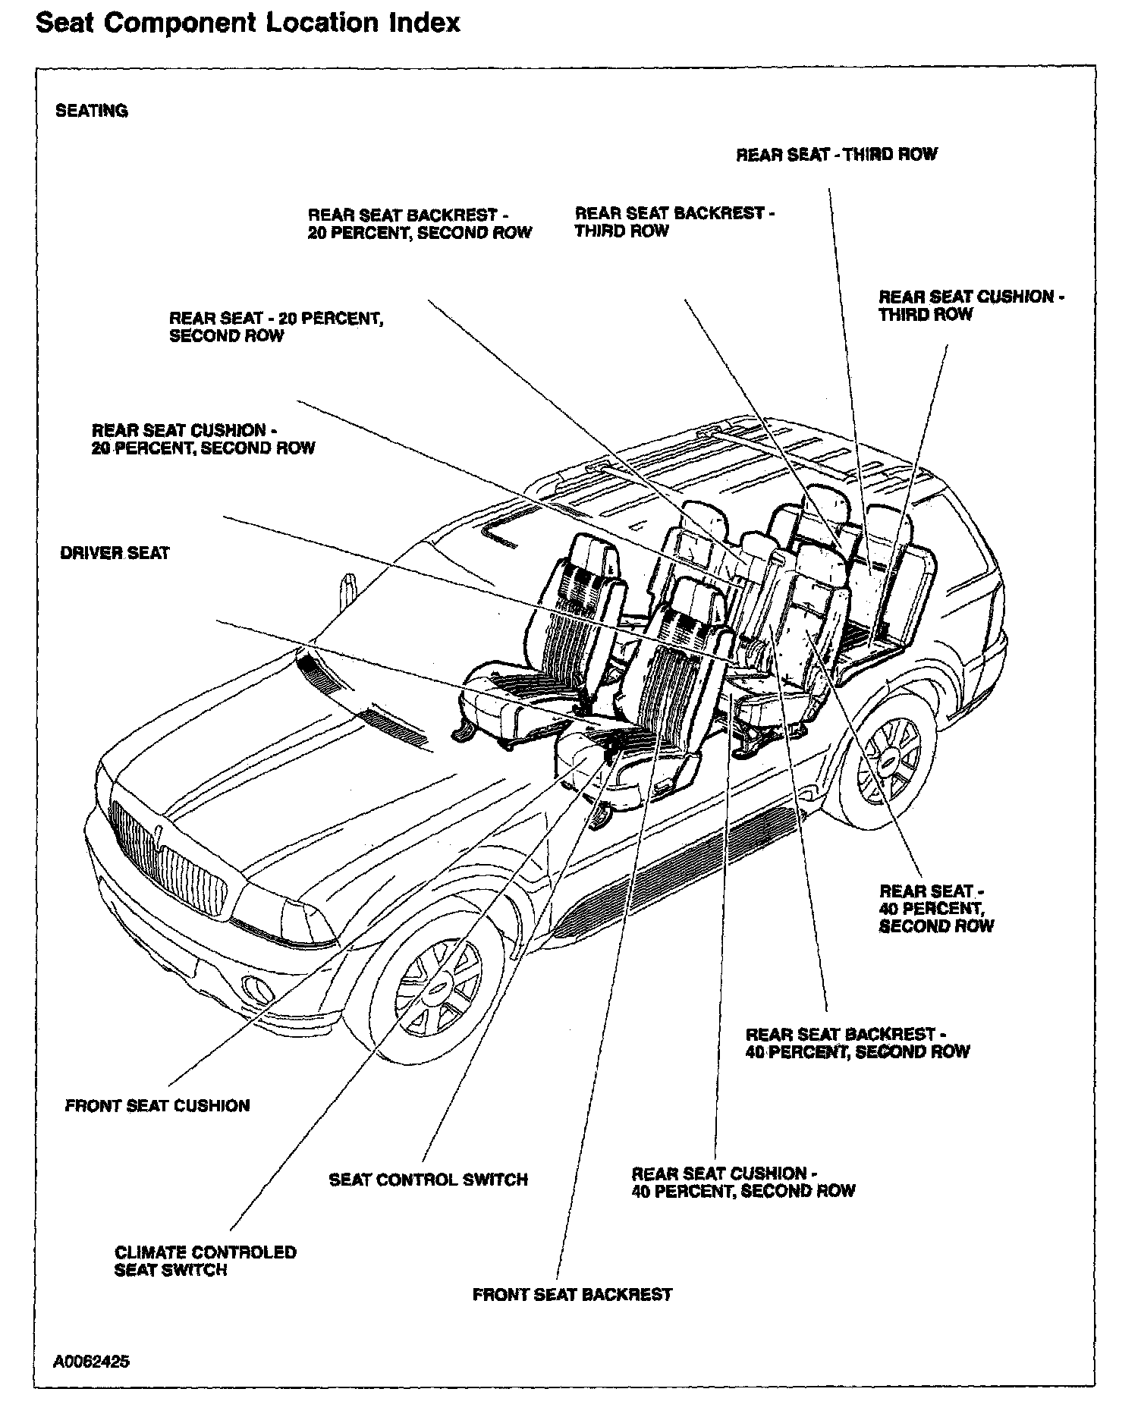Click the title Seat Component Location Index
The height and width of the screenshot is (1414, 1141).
pos(248,23)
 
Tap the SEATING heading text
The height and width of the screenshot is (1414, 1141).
pos(92,111)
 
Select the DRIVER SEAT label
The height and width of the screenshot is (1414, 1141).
pos(115,553)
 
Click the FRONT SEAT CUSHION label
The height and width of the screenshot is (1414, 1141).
pos(157,1105)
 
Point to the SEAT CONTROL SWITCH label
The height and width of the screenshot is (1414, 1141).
pos(428,1180)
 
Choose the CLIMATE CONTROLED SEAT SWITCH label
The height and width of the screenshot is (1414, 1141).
pos(205,1261)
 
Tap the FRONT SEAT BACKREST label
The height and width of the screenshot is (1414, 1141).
pos(572,1294)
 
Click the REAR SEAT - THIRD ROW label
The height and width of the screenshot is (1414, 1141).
pos(837,154)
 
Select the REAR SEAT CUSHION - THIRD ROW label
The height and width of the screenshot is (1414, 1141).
pos(971,305)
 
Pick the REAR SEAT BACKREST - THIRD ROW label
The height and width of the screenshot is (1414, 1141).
pos(674,222)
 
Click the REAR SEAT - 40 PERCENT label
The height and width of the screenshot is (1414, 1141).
pos(936,908)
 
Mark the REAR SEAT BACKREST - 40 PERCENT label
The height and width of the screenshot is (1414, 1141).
pos(857,1043)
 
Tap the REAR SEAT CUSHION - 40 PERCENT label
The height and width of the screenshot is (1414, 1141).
pos(743,1182)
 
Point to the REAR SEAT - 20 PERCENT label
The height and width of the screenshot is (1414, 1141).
pos(276,327)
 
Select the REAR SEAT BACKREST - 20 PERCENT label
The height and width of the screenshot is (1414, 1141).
pos(420,224)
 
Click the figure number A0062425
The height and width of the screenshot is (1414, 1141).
pos(91,1361)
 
